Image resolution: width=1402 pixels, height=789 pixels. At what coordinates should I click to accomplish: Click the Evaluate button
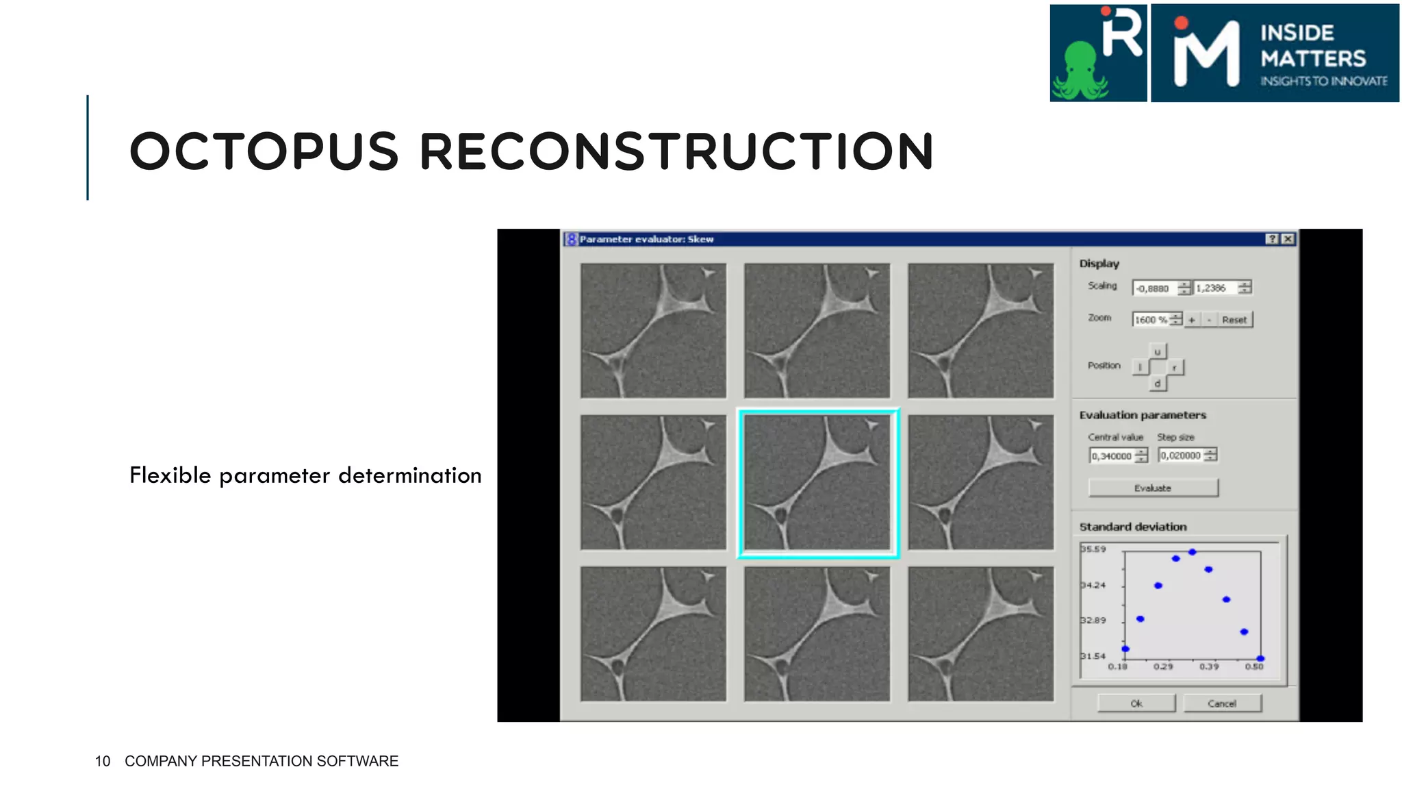(x=1153, y=488)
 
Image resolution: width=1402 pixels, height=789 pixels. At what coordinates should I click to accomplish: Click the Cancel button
(x=1222, y=703)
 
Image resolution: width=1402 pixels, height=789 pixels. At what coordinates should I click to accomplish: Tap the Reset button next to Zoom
(x=1234, y=320)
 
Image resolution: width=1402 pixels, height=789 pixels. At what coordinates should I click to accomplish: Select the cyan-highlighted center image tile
(x=817, y=483)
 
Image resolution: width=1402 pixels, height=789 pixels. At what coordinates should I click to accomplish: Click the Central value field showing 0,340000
(x=1112, y=455)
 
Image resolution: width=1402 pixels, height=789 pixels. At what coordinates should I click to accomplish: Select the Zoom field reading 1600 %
(x=1151, y=320)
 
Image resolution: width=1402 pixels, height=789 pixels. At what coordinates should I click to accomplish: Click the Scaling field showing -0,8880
(x=1155, y=288)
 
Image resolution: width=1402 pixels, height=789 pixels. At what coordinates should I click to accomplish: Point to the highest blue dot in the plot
(x=1192, y=552)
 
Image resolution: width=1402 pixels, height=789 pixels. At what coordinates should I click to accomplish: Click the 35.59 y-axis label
(x=1093, y=549)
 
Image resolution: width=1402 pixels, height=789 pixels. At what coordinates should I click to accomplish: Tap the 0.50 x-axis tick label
(x=1254, y=666)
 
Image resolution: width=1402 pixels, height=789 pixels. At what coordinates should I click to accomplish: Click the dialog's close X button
(x=1288, y=239)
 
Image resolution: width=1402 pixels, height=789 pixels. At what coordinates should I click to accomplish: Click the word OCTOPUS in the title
(x=264, y=151)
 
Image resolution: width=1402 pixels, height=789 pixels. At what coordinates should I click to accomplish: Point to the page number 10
(x=103, y=761)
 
